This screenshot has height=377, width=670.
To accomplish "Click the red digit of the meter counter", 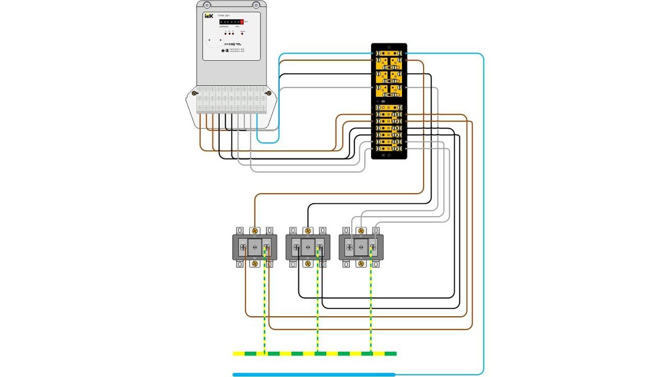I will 242,21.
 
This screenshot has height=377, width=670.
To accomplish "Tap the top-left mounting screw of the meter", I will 207,5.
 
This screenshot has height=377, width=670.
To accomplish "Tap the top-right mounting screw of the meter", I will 256,5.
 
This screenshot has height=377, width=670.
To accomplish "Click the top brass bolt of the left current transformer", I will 255,230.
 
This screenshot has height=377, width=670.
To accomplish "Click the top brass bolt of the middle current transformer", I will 308,230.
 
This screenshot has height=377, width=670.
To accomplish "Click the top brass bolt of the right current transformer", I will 361,230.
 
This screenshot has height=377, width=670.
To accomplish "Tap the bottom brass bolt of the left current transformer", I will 255,264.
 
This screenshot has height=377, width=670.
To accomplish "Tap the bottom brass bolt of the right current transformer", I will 361,264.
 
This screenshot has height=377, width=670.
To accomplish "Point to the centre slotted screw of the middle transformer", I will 308,247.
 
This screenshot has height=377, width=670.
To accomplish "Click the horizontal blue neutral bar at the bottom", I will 314,374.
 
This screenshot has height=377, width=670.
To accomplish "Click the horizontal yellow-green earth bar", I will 314,353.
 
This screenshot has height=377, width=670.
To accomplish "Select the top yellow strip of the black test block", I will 389,53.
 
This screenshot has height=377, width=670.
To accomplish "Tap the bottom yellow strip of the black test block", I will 389,149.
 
